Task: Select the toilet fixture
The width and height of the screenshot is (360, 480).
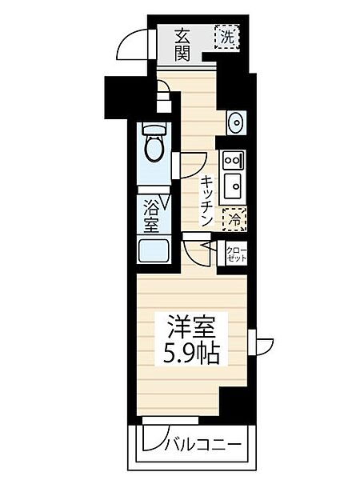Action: (154, 144)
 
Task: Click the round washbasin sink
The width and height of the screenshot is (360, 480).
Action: (236, 122)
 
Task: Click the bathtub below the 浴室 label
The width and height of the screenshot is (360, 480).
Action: (153, 250)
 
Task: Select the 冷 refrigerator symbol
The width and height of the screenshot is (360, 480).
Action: (235, 217)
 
